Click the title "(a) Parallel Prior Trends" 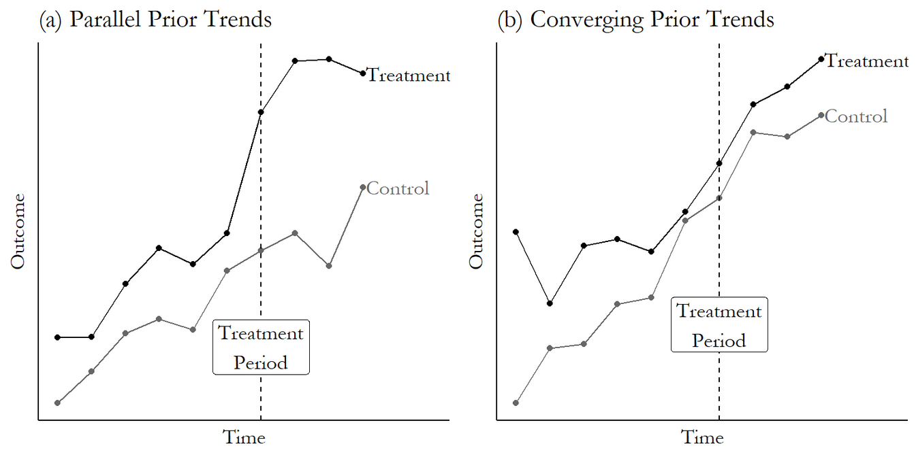[155, 19]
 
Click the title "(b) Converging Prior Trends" [635, 19]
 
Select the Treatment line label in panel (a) [409, 75]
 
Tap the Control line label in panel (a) [398, 188]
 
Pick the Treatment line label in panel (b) [867, 61]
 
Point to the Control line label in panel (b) [856, 116]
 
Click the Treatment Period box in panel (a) [261, 348]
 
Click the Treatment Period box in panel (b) [719, 324]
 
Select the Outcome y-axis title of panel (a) [18, 231]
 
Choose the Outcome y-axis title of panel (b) [476, 231]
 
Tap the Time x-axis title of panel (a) [244, 437]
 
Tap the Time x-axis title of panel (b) [702, 437]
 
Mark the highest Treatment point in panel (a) [328, 59]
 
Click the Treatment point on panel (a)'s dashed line [261, 112]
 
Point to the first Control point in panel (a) [57, 403]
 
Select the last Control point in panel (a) [362, 187]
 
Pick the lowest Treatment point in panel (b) [550, 303]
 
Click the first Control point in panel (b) [516, 403]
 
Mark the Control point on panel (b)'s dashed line [719, 198]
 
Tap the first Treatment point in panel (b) [516, 232]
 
